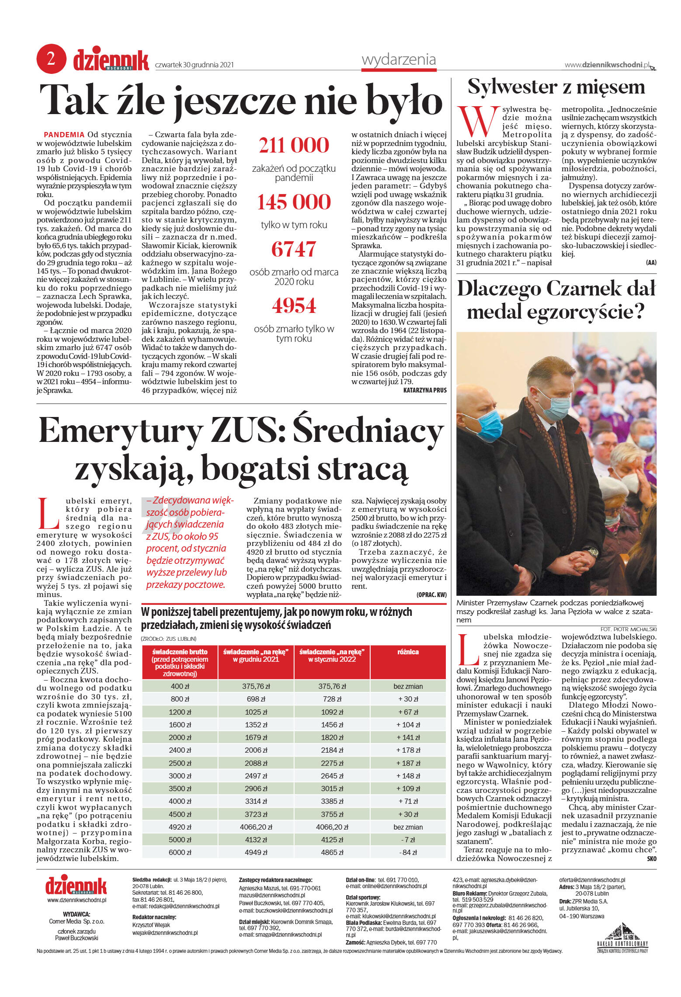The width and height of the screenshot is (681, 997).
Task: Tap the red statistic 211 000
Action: click(294, 146)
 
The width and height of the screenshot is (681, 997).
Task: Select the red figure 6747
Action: click(294, 249)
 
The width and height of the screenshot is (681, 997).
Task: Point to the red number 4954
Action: click(294, 306)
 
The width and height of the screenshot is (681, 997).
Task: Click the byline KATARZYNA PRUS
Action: click(424, 390)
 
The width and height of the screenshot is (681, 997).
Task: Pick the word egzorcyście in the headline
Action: click(586, 312)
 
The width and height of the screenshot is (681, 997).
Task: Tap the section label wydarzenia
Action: click(399, 59)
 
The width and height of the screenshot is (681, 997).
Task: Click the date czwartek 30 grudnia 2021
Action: click(195, 65)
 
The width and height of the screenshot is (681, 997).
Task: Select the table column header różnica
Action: click(408, 652)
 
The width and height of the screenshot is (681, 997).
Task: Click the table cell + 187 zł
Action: click(408, 763)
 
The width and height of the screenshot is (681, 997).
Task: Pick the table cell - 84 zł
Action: click(408, 852)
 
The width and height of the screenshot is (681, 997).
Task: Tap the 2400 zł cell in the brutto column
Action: click(180, 750)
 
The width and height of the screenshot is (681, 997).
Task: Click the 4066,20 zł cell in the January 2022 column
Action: click(332, 827)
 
